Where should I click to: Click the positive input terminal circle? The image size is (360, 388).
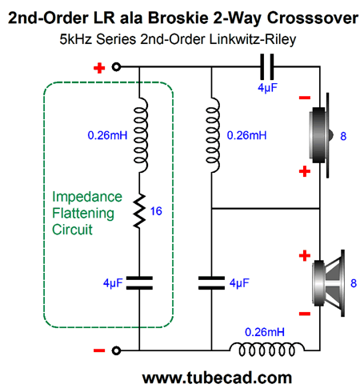[116, 66]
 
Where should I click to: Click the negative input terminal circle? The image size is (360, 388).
[116, 350]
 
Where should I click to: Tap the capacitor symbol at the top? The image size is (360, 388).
[267, 66]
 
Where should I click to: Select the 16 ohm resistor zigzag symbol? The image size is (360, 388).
[139, 211]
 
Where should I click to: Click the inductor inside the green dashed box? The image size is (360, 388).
[140, 135]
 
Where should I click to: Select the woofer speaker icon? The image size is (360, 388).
[329, 283]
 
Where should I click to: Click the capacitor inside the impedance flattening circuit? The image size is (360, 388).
[139, 283]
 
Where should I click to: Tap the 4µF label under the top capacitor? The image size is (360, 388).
[267, 87]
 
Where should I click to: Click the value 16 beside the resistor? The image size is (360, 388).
[156, 211]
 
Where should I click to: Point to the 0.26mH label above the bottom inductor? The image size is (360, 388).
[265, 332]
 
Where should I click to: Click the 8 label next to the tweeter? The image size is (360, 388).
[343, 136]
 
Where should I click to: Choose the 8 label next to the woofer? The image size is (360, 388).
[354, 283]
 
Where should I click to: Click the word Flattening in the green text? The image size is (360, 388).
[83, 214]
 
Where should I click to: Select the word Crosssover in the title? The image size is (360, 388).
[313, 18]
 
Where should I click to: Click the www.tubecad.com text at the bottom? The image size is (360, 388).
[217, 378]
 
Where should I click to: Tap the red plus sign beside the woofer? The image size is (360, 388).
[305, 256]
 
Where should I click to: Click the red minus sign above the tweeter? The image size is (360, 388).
[305, 98]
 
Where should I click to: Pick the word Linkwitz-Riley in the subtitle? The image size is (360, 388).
[253, 39]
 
